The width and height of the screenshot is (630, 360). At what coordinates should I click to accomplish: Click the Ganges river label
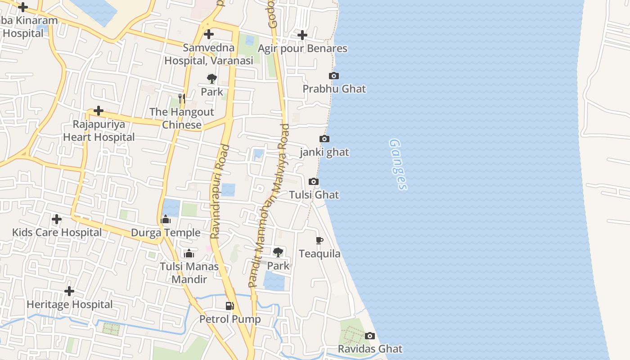[x=398, y=164]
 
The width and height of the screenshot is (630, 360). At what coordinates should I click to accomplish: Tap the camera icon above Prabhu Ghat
[x=334, y=76]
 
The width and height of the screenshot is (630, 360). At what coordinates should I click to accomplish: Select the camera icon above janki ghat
[x=324, y=139]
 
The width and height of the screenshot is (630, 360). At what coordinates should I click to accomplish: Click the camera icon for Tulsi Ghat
[x=314, y=181]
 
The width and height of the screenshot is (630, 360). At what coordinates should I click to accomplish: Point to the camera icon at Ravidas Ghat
[x=370, y=336]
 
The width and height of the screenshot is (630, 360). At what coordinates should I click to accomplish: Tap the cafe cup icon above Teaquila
[x=319, y=240]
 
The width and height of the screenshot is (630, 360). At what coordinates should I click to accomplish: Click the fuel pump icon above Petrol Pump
[x=230, y=306]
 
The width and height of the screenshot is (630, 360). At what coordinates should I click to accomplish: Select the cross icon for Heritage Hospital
[x=69, y=291]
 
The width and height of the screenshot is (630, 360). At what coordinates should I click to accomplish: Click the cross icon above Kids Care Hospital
[x=57, y=219]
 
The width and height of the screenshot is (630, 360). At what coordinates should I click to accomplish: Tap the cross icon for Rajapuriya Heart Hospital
[x=99, y=111]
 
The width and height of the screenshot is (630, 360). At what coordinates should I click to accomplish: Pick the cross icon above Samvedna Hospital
[x=208, y=34]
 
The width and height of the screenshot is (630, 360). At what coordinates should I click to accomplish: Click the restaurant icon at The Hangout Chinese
[x=182, y=98]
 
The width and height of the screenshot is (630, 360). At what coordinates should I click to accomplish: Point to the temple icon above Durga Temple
[x=166, y=220]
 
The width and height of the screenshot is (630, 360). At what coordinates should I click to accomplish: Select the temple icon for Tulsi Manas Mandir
[x=189, y=253]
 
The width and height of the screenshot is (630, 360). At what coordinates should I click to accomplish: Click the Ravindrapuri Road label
[x=220, y=191]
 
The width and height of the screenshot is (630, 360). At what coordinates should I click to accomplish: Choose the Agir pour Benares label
[x=303, y=48]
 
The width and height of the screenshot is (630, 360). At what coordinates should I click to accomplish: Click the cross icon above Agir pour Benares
[x=302, y=35]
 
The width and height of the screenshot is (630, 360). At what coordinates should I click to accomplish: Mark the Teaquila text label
[x=320, y=254]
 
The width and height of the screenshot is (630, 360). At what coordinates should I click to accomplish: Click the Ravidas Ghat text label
[x=370, y=349]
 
